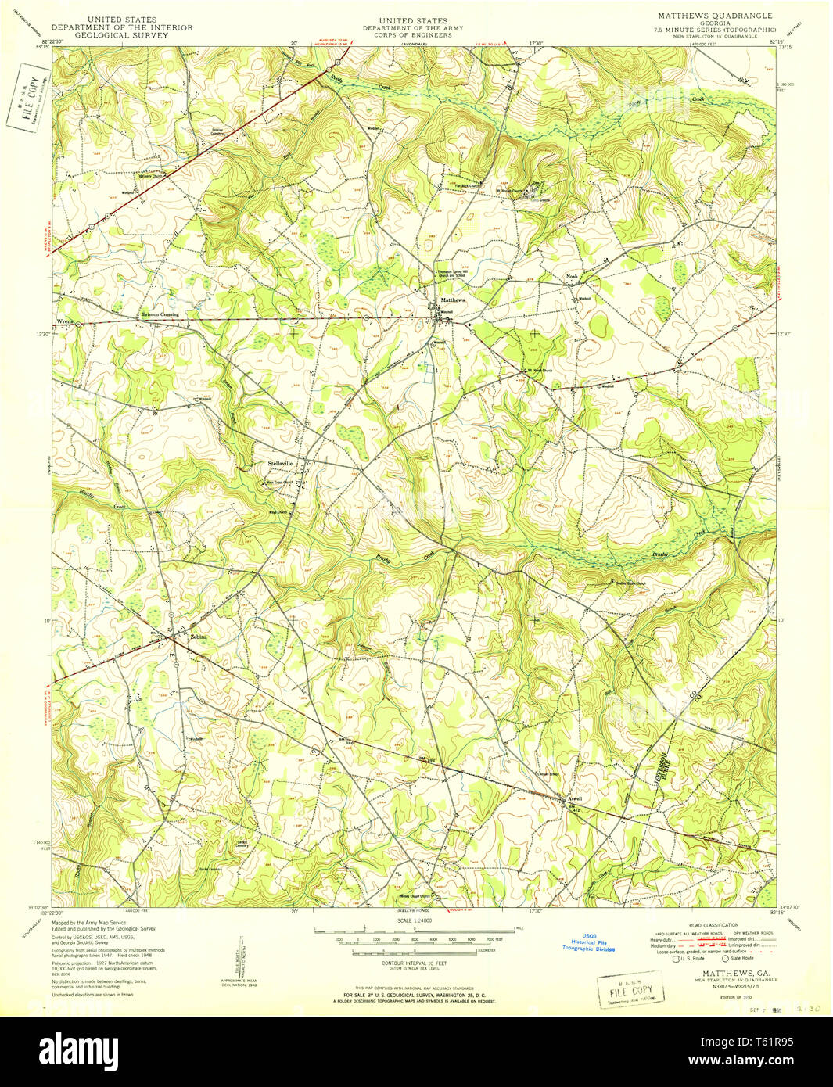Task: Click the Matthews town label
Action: coord(452,300)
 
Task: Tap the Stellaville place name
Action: coord(280,464)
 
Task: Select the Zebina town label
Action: coord(199,637)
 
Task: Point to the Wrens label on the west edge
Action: coord(64,321)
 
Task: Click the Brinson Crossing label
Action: coord(160,314)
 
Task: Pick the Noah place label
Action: coord(572,277)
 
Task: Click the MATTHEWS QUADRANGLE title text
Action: coord(714,16)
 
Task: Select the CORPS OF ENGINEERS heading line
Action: coord(412,35)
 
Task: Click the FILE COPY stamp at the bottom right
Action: coord(630,991)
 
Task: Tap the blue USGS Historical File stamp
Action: coord(588,943)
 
